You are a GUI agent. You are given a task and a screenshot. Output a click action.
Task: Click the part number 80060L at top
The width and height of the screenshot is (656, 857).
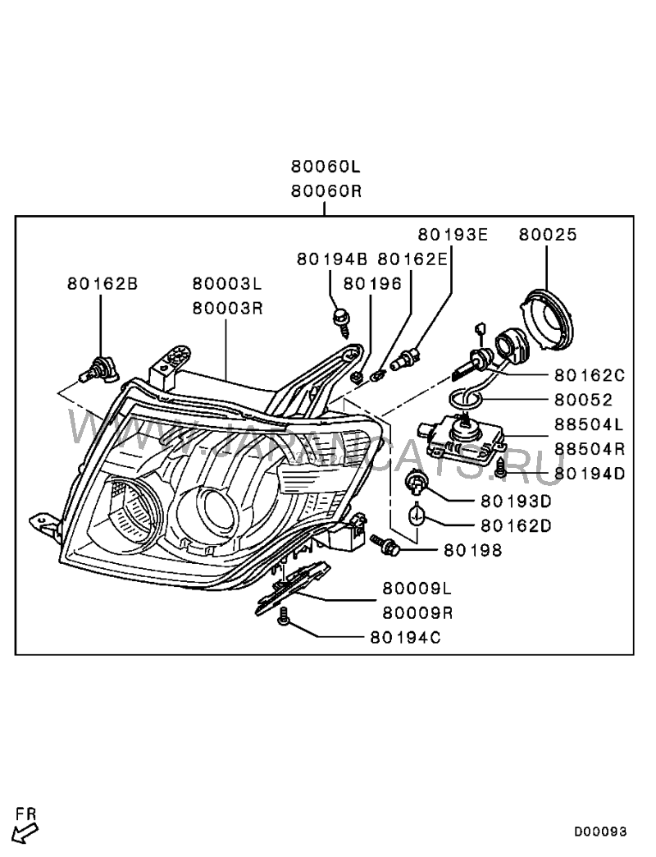[x=326, y=167]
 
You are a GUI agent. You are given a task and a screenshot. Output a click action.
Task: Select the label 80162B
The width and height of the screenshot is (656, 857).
[x=102, y=284]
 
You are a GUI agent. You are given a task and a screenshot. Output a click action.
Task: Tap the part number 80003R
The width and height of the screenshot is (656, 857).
[x=227, y=309]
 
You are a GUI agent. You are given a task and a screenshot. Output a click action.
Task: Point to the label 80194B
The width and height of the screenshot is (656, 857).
[x=331, y=259]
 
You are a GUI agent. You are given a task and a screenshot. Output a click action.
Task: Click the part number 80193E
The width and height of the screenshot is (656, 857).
[x=453, y=235]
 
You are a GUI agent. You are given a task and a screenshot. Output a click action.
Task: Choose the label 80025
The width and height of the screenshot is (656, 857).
[x=547, y=235]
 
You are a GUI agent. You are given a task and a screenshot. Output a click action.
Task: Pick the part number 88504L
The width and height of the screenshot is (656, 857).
[x=590, y=425]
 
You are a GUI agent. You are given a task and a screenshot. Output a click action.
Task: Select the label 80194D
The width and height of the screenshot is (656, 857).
[x=590, y=474]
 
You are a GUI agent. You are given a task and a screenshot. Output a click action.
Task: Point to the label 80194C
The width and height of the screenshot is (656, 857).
[x=405, y=636]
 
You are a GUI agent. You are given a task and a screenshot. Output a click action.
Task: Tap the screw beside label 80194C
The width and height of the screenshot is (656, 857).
[x=285, y=617]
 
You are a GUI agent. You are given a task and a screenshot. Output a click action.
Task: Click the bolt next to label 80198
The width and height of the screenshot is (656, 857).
[x=385, y=544]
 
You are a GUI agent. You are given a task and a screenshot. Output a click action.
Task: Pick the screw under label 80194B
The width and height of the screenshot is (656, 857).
[x=341, y=321]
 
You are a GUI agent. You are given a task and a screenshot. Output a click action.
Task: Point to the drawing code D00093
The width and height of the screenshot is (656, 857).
[x=599, y=832]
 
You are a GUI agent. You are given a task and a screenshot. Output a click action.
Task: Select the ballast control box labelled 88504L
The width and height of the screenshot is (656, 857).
[x=463, y=438]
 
